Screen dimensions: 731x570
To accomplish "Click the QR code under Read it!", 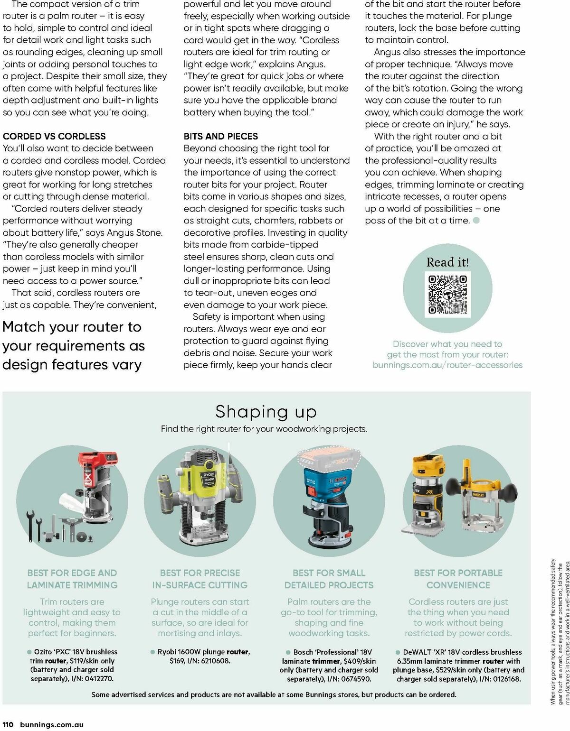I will click(447, 294).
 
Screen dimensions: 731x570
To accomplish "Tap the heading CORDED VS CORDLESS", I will click(54, 136).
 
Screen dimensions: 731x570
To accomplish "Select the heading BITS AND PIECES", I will click(221, 136).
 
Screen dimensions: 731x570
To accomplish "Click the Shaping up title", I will click(266, 412).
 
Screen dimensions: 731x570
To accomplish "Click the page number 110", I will click(8, 724).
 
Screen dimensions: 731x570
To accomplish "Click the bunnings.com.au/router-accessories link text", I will click(447, 365).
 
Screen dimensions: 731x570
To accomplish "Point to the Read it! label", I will click(447, 262).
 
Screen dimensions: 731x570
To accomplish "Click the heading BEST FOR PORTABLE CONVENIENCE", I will click(458, 579).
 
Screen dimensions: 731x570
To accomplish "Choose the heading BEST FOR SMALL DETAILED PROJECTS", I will click(329, 579).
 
